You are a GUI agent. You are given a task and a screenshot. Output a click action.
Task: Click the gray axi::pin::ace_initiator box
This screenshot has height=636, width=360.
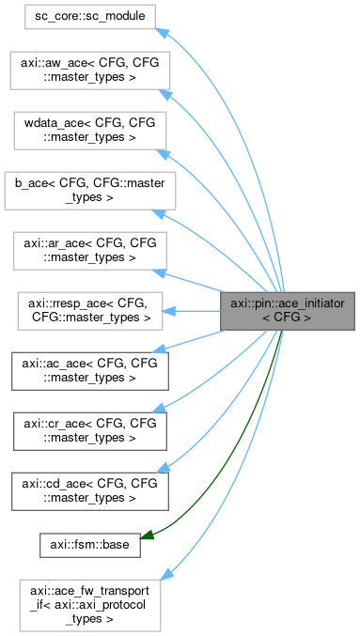coord(287,309)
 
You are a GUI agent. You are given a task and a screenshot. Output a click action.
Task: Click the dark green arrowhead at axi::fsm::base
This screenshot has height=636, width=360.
coord(149,536)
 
